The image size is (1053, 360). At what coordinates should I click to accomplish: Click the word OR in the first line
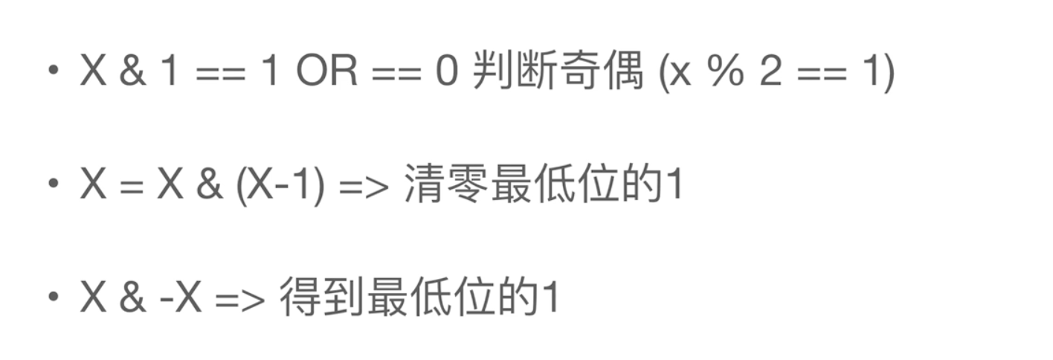326,73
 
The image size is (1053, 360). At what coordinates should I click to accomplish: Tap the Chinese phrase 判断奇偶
558,73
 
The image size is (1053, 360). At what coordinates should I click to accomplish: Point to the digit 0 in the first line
446,73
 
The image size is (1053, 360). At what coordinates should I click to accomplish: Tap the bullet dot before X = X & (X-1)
52,184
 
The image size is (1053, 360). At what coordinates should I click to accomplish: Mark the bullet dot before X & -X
52,297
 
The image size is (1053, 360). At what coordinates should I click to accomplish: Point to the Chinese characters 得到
322,298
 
